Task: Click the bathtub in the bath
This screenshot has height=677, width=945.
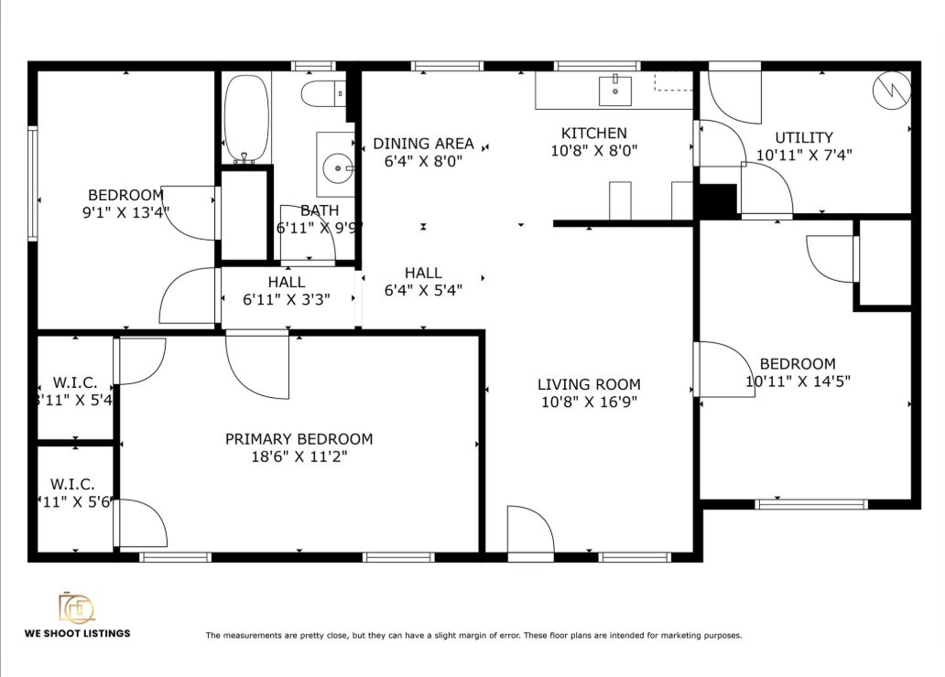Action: [x=246, y=117]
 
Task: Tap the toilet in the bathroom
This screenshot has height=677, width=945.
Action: [x=321, y=93]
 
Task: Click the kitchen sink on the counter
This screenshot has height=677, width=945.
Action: [x=615, y=91]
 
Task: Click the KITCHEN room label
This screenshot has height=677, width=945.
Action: [x=594, y=134]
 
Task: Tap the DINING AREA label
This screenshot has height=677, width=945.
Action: [x=423, y=144]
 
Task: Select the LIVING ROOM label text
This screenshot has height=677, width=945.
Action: [x=589, y=384]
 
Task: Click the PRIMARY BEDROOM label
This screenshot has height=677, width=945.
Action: [x=299, y=439]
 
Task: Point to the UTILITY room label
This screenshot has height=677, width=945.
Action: [x=804, y=138]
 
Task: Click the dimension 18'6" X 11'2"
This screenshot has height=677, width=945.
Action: [x=299, y=457]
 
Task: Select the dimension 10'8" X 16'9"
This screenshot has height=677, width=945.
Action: [x=589, y=402]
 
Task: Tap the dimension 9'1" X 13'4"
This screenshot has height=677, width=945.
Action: [x=125, y=211]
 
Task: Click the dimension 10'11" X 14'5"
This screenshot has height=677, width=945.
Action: [x=798, y=381]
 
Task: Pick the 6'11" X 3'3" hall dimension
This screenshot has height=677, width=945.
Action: [x=287, y=299]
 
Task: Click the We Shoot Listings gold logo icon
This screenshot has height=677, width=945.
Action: [x=76, y=607]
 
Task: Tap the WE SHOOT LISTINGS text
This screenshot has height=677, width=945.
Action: [x=77, y=633]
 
